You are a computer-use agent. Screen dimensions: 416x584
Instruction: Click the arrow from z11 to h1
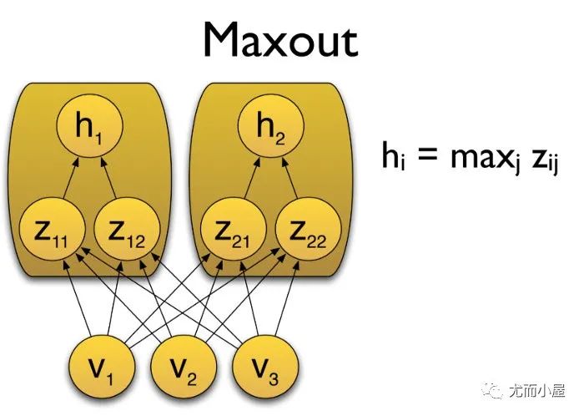pos(68,179)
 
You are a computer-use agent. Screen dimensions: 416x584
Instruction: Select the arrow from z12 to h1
pos(108,179)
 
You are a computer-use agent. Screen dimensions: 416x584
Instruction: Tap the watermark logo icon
pos(496,389)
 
